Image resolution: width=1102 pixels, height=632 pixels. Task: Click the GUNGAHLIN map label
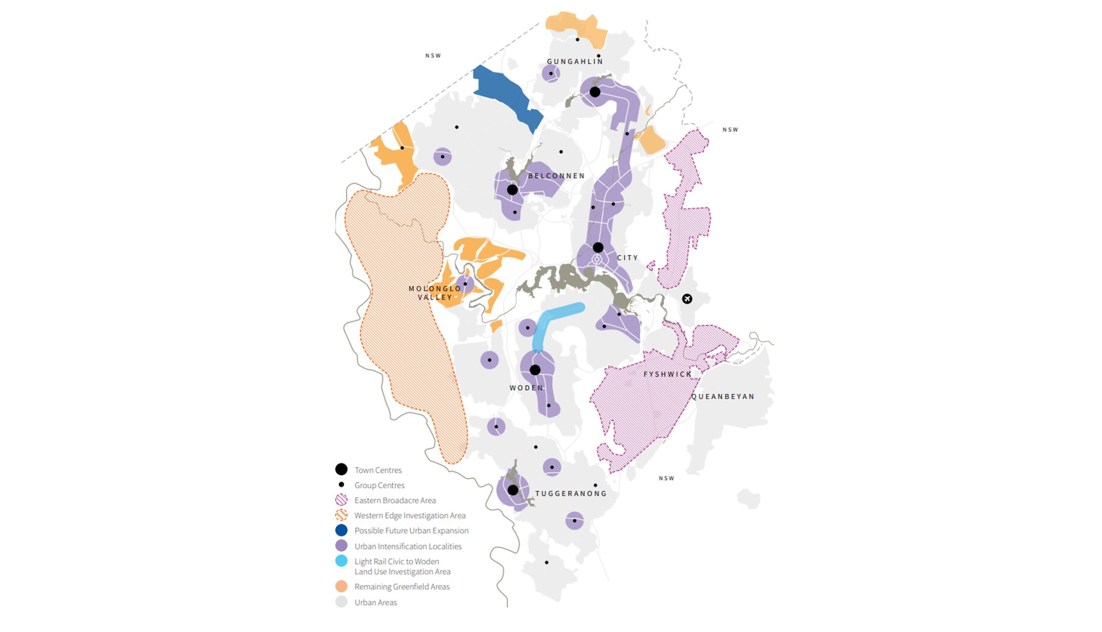pos(575,62)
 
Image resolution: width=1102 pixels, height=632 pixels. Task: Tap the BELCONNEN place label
pos(556,176)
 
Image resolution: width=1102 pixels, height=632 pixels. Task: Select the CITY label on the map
pos(628,258)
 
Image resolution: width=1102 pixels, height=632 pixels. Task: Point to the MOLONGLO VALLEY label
pos(435,293)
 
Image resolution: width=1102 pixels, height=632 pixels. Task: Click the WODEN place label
pos(526,388)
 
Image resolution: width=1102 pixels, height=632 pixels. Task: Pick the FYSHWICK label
pos(667,374)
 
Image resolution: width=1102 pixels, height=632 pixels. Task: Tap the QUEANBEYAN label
pos(723,396)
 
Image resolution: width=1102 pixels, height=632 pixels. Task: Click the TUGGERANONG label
pos(571,494)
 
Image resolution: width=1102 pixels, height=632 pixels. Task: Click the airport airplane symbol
pos(687,299)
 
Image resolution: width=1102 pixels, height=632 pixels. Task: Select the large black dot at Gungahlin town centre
pos(595,92)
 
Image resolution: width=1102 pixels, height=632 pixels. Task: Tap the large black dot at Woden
pos(535,370)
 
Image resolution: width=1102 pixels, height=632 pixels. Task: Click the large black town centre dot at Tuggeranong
pos(513,491)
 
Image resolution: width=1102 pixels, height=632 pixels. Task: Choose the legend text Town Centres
pos(378,470)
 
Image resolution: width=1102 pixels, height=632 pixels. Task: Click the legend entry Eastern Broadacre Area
pos(395,501)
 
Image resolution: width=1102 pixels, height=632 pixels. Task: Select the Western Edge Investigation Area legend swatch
pos(341,515)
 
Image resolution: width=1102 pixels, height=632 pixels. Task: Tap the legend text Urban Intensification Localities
pos(408,546)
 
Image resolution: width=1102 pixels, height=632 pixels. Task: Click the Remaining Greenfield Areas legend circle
pos(341,586)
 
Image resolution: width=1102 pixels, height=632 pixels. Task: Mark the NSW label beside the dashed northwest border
pos(433,56)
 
